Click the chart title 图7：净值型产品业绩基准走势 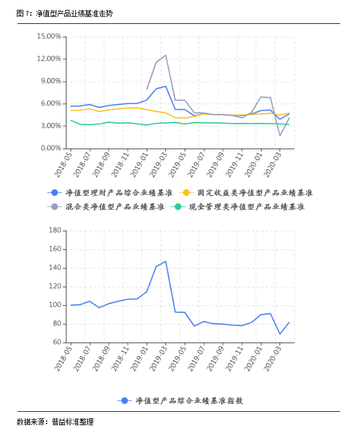[65, 12]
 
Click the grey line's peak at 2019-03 [165, 55]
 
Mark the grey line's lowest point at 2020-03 [280, 136]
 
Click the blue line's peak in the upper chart [165, 86]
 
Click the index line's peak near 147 [165, 262]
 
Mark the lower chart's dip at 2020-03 [280, 334]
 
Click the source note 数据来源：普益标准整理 [55, 422]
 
